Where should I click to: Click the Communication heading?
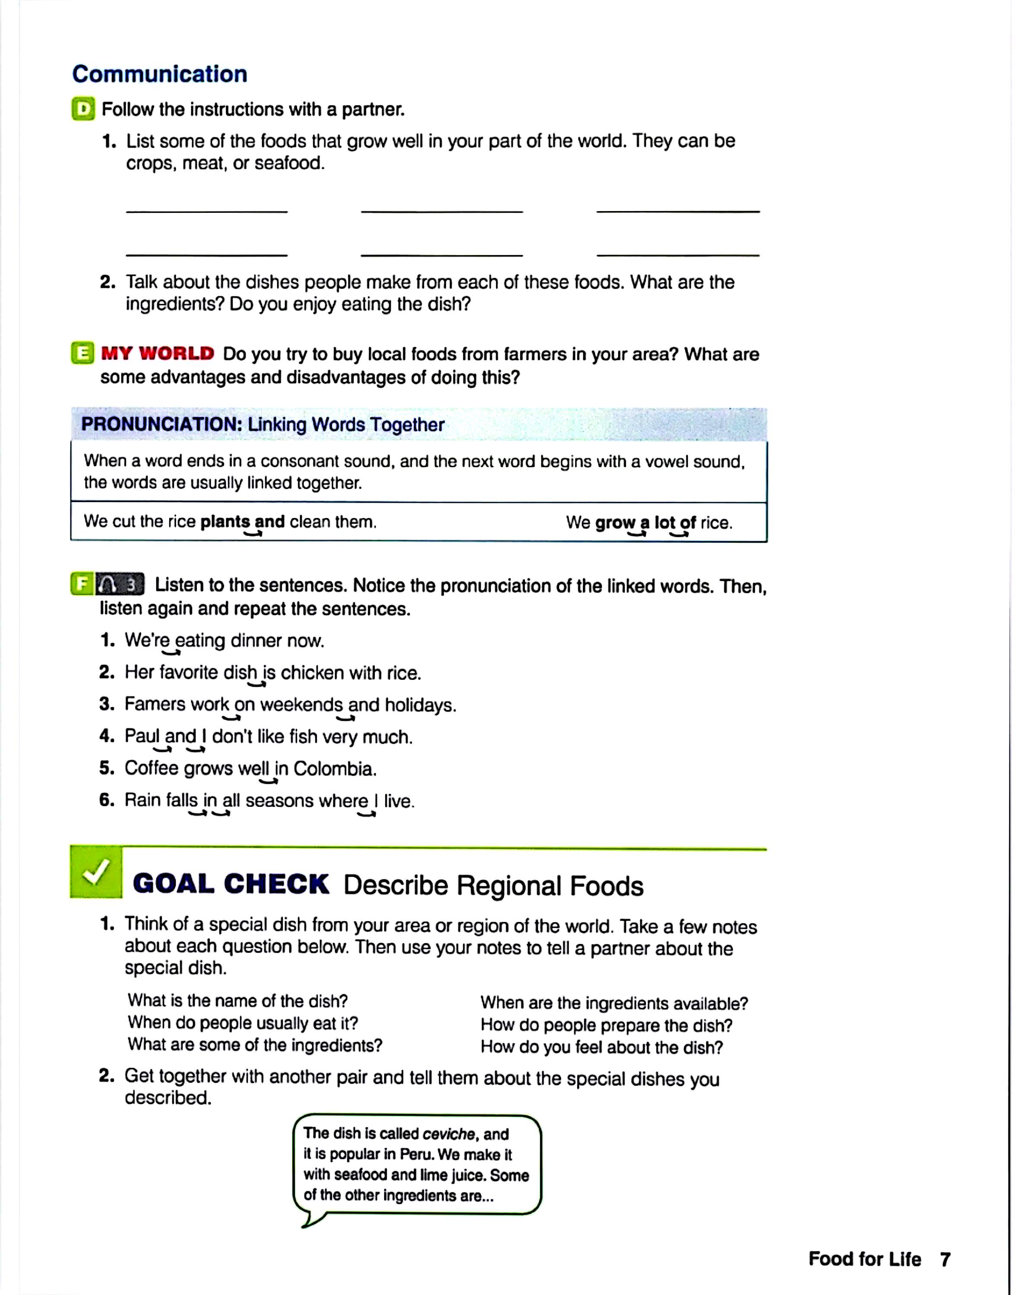click(x=160, y=74)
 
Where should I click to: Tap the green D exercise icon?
click(x=83, y=109)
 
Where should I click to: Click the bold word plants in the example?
click(x=225, y=522)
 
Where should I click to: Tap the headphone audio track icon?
click(x=120, y=584)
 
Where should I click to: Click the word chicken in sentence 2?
click(x=312, y=673)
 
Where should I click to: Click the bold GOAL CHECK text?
click(x=231, y=884)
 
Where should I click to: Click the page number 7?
click(x=945, y=1260)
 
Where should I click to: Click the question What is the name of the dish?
click(x=237, y=1001)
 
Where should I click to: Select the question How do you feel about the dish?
click(x=601, y=1048)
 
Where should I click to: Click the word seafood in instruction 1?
click(x=289, y=163)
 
